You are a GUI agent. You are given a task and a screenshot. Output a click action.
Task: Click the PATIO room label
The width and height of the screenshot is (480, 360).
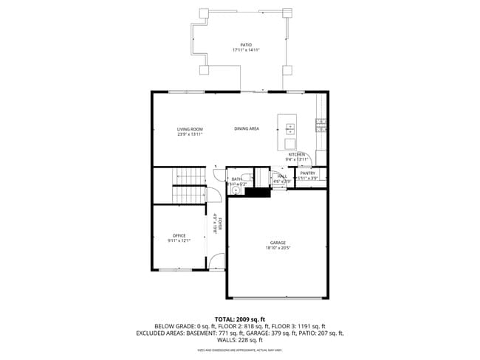[246, 45]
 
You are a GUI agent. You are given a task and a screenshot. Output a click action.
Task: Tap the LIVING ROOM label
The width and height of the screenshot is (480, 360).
[190, 129]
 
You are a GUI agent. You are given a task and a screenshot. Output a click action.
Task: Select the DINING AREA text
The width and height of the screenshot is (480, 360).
[247, 129]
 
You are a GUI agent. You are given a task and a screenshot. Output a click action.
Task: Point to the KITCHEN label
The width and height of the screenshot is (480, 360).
[296, 154]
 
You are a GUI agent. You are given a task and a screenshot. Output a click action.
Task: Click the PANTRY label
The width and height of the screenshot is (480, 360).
[307, 173]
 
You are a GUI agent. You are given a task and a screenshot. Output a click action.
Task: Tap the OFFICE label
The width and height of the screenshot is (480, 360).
[179, 235]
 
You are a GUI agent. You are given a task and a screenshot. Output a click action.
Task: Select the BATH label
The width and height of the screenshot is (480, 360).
[236, 179]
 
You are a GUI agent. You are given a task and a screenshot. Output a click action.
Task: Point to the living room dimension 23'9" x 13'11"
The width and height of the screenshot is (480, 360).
[190, 134]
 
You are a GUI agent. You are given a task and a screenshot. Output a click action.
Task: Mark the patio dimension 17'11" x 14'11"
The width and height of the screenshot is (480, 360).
[246, 50]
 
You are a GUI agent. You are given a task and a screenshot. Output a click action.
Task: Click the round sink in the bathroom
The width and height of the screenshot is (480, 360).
[235, 190]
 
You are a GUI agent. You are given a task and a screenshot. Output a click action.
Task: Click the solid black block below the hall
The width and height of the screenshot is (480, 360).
[256, 193]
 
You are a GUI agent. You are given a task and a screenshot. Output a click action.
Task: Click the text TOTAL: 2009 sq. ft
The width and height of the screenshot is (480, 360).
[240, 319]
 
